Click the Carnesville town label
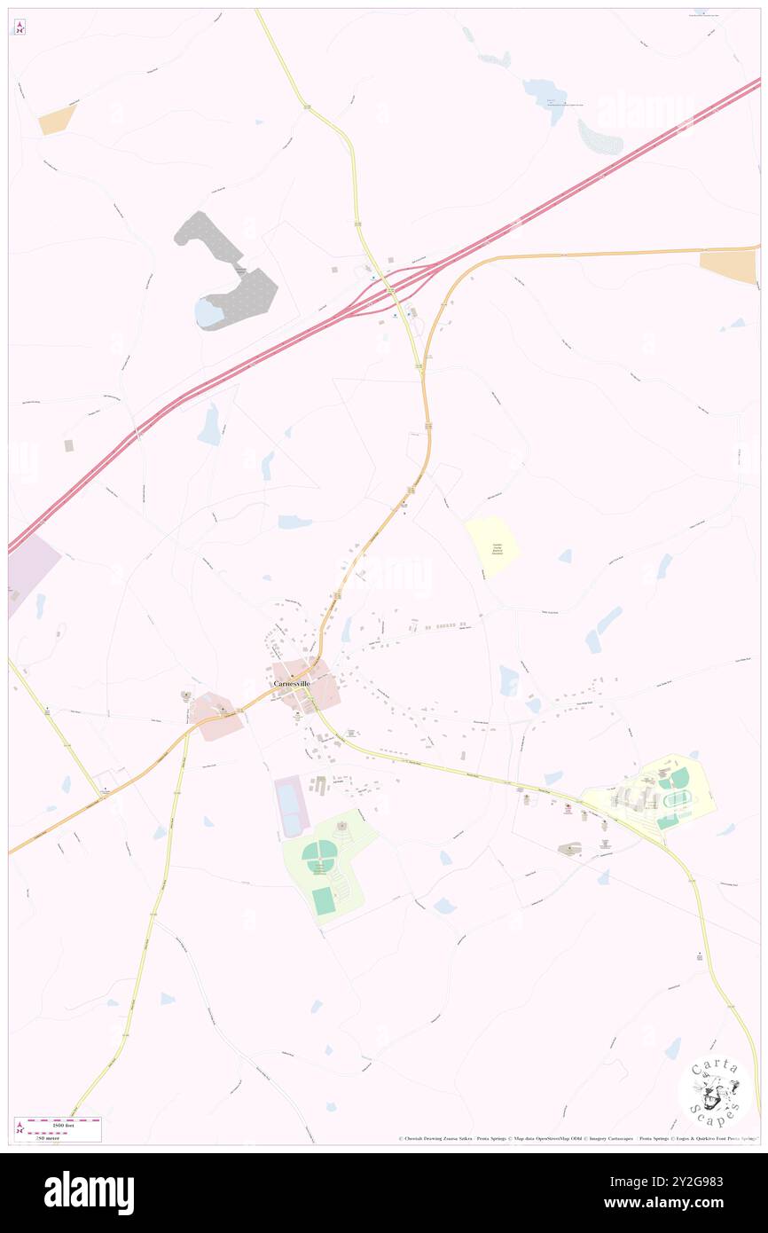tap(294, 685)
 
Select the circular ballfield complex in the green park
tap(319, 855)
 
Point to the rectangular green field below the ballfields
tap(324, 901)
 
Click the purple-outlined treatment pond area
tap(291, 805)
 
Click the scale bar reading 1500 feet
tap(59, 1122)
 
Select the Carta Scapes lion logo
tap(715, 1092)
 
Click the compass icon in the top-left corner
tap(19, 27)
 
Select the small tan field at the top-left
tap(58, 121)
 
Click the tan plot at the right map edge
tap(729, 266)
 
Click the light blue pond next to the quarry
tap(209, 311)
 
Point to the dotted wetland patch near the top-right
tap(600, 137)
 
